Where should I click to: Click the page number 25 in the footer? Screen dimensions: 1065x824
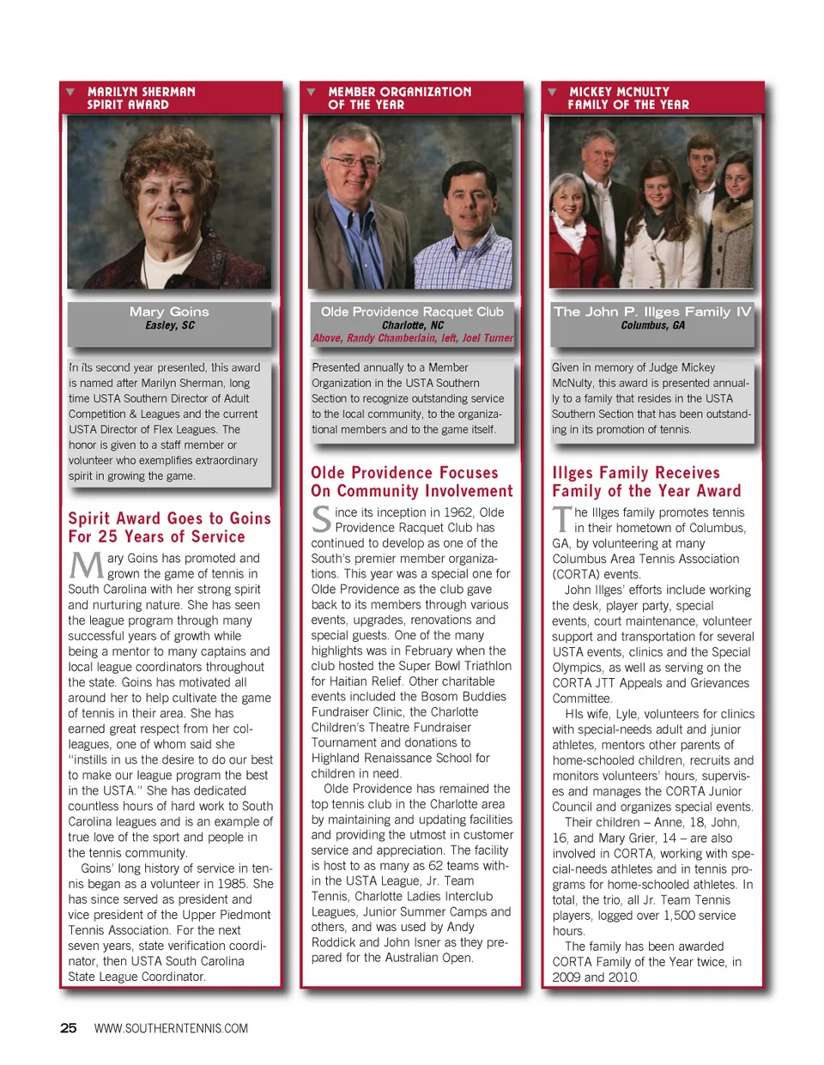point(69,1028)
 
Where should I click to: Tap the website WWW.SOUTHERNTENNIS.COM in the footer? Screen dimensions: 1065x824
point(171,1028)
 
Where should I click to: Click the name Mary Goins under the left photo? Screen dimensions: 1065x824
point(169,312)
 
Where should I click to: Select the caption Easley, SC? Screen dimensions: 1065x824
point(169,325)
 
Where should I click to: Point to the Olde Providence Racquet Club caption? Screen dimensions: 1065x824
point(412,312)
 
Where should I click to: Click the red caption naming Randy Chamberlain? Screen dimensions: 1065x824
point(412,338)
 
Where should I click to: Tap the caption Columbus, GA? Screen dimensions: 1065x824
point(652,325)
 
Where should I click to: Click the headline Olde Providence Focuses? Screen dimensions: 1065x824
point(404,473)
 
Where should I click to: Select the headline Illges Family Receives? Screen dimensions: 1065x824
point(636,473)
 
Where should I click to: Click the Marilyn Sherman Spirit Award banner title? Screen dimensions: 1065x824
point(141,98)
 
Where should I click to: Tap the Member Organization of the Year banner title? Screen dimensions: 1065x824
point(399,98)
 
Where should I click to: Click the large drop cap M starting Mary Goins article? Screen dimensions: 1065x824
point(86,566)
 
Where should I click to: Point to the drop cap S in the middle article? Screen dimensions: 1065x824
point(321,520)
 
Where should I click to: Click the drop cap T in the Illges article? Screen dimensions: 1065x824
point(562,520)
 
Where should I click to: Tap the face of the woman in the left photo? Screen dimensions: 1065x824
point(172,199)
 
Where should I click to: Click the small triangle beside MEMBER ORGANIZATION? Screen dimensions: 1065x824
point(311,92)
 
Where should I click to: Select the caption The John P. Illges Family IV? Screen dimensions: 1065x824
point(652,312)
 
